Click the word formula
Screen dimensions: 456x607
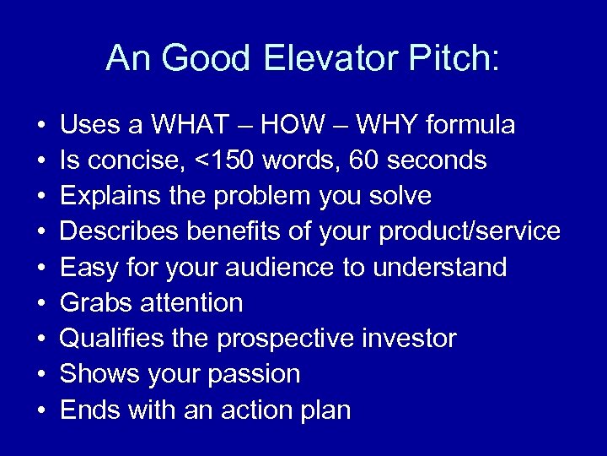click(x=470, y=126)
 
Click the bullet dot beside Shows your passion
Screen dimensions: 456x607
click(x=40, y=375)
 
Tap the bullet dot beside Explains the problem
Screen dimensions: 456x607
click(x=40, y=197)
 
